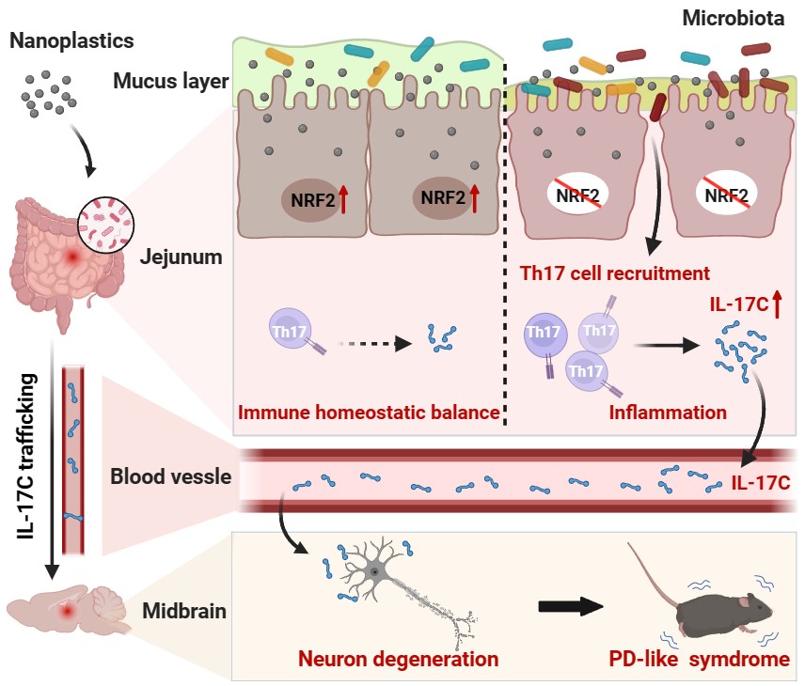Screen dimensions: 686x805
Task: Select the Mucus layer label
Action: tap(171, 81)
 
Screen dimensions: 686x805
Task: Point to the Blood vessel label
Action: tap(171, 476)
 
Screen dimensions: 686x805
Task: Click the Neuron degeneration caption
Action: tap(398, 659)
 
